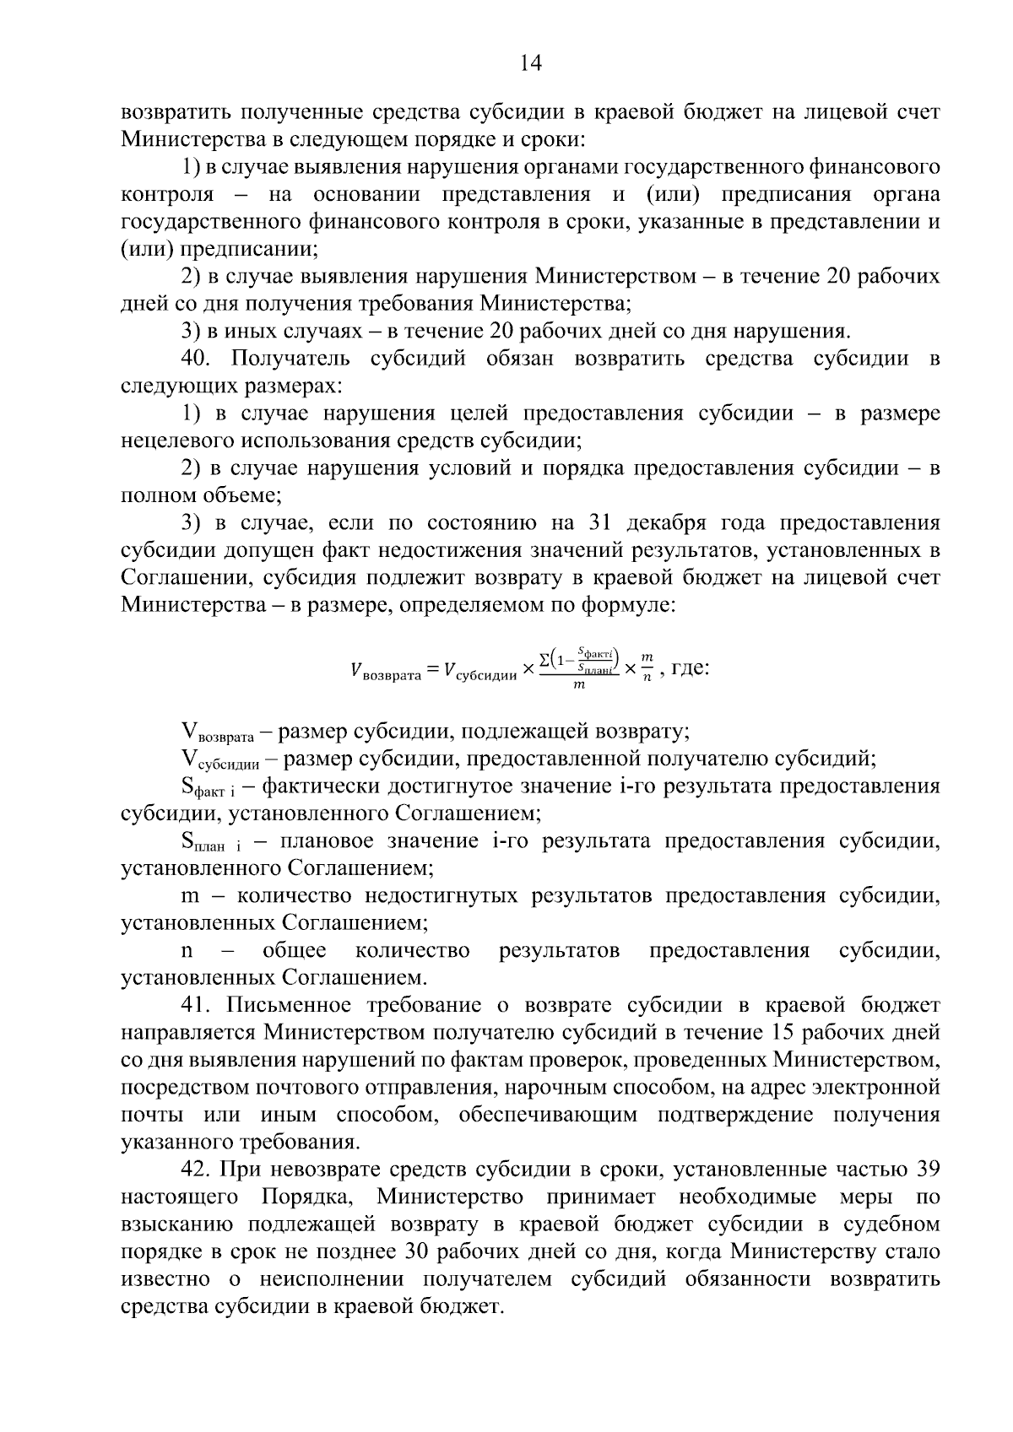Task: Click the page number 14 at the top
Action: point(530,63)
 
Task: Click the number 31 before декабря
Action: point(599,522)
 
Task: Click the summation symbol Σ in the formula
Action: point(544,657)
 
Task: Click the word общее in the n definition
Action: point(295,951)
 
